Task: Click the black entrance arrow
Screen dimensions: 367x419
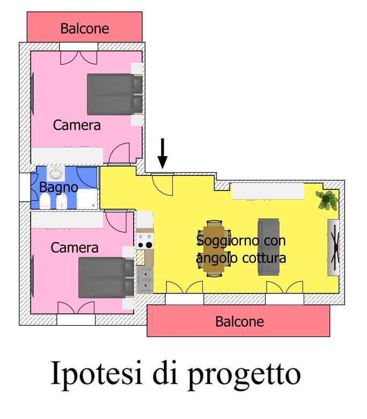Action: (162, 153)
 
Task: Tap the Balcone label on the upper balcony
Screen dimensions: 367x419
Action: (84, 28)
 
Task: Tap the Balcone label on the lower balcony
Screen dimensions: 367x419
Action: (239, 321)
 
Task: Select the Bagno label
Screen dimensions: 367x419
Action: (58, 187)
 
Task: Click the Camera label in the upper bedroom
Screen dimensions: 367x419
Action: (77, 125)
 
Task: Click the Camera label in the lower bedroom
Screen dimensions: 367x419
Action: (74, 248)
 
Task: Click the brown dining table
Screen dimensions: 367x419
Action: (214, 248)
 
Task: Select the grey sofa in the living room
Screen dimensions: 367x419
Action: (268, 247)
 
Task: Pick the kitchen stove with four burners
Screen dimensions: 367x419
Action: (145, 241)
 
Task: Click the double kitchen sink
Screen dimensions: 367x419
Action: (145, 280)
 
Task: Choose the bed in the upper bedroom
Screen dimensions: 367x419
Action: (115, 94)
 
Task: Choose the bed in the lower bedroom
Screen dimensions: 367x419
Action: (106, 277)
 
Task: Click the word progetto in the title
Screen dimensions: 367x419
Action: (244, 376)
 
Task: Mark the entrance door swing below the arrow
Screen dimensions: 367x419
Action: (162, 185)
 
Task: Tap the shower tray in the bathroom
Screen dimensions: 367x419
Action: (87, 200)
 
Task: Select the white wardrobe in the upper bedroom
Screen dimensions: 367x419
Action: (68, 155)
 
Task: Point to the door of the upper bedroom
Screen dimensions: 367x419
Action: (120, 153)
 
